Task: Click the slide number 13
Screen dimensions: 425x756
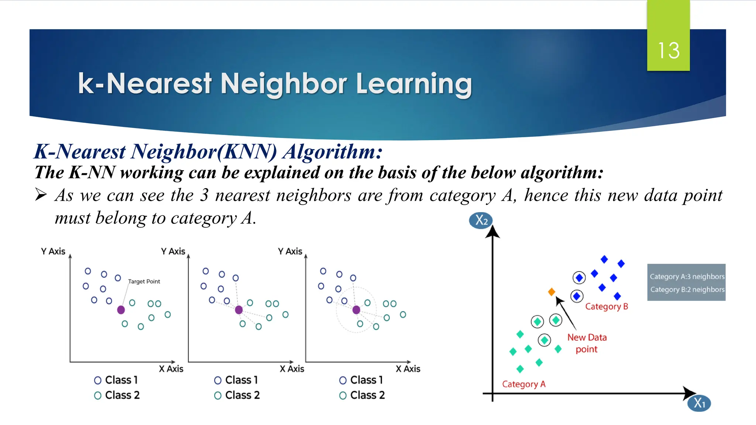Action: pos(669,51)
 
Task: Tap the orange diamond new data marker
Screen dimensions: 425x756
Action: pos(551,292)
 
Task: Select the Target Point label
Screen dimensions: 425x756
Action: pos(144,281)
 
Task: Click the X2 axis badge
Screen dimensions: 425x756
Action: pos(481,221)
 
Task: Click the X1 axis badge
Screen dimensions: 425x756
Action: pos(699,403)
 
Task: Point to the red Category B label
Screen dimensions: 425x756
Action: pos(606,307)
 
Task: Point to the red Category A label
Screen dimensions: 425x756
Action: pos(523,384)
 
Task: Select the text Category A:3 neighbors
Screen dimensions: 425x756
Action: pos(687,277)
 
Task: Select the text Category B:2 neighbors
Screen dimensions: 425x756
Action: pos(687,290)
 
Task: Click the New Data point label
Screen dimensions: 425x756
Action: pos(587,343)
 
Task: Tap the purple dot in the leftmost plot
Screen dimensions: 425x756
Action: pos(121,310)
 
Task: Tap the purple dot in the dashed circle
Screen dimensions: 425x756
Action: pos(356,310)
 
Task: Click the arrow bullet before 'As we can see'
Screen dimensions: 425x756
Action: pos(41,194)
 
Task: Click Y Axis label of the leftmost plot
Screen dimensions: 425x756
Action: pos(53,251)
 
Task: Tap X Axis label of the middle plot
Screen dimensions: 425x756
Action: pos(292,369)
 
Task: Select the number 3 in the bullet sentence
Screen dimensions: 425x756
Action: pos(204,195)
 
